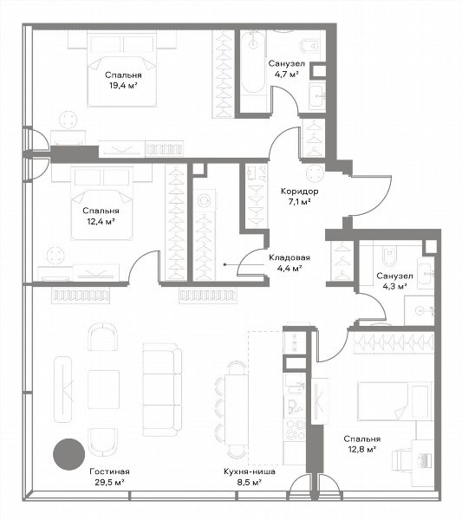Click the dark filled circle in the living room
69,454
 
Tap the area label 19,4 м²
123,86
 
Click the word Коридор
300,192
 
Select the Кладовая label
290,257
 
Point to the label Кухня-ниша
250,471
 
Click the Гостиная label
109,471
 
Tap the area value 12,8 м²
361,450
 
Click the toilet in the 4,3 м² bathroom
390,255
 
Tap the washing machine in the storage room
205,200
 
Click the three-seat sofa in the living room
162,390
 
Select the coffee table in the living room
103,389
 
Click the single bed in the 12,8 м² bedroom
394,401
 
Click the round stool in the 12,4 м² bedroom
56,256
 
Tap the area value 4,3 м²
394,287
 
